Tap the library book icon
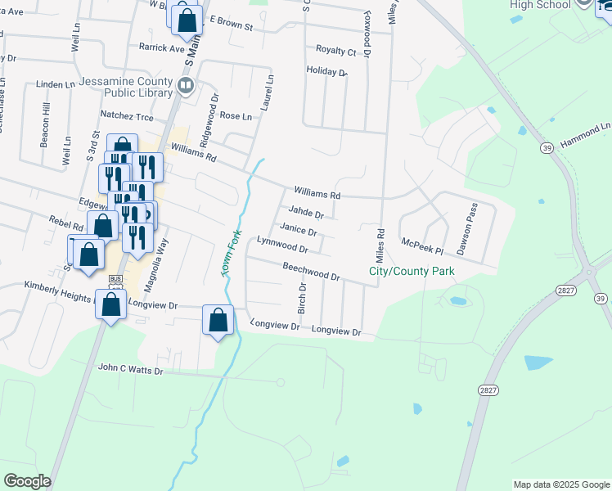187,85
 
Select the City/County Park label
412,271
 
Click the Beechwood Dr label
311,272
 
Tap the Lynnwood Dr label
281,244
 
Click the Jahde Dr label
305,212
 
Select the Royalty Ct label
336,52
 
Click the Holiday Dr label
326,72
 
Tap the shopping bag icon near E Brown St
187,20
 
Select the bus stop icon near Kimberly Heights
115,280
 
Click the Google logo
27,481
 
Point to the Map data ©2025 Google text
560,484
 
